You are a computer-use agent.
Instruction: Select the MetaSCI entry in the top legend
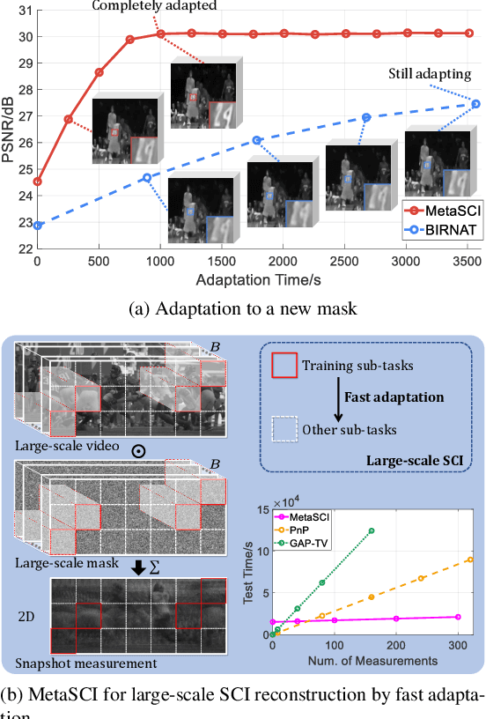pyautogui.click(x=445, y=209)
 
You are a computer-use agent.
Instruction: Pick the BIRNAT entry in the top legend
pyautogui.click(x=443, y=226)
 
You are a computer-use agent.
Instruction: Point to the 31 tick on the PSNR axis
pyautogui.click(x=24, y=11)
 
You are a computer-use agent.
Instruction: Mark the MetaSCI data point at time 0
pyautogui.click(x=37, y=182)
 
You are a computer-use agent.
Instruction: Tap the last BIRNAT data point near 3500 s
pyautogui.click(x=475, y=104)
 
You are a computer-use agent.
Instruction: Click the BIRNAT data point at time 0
pyautogui.click(x=37, y=226)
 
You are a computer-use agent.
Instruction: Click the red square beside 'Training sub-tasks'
pyautogui.click(x=283, y=365)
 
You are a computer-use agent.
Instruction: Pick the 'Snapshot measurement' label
pyautogui.click(x=75, y=663)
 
